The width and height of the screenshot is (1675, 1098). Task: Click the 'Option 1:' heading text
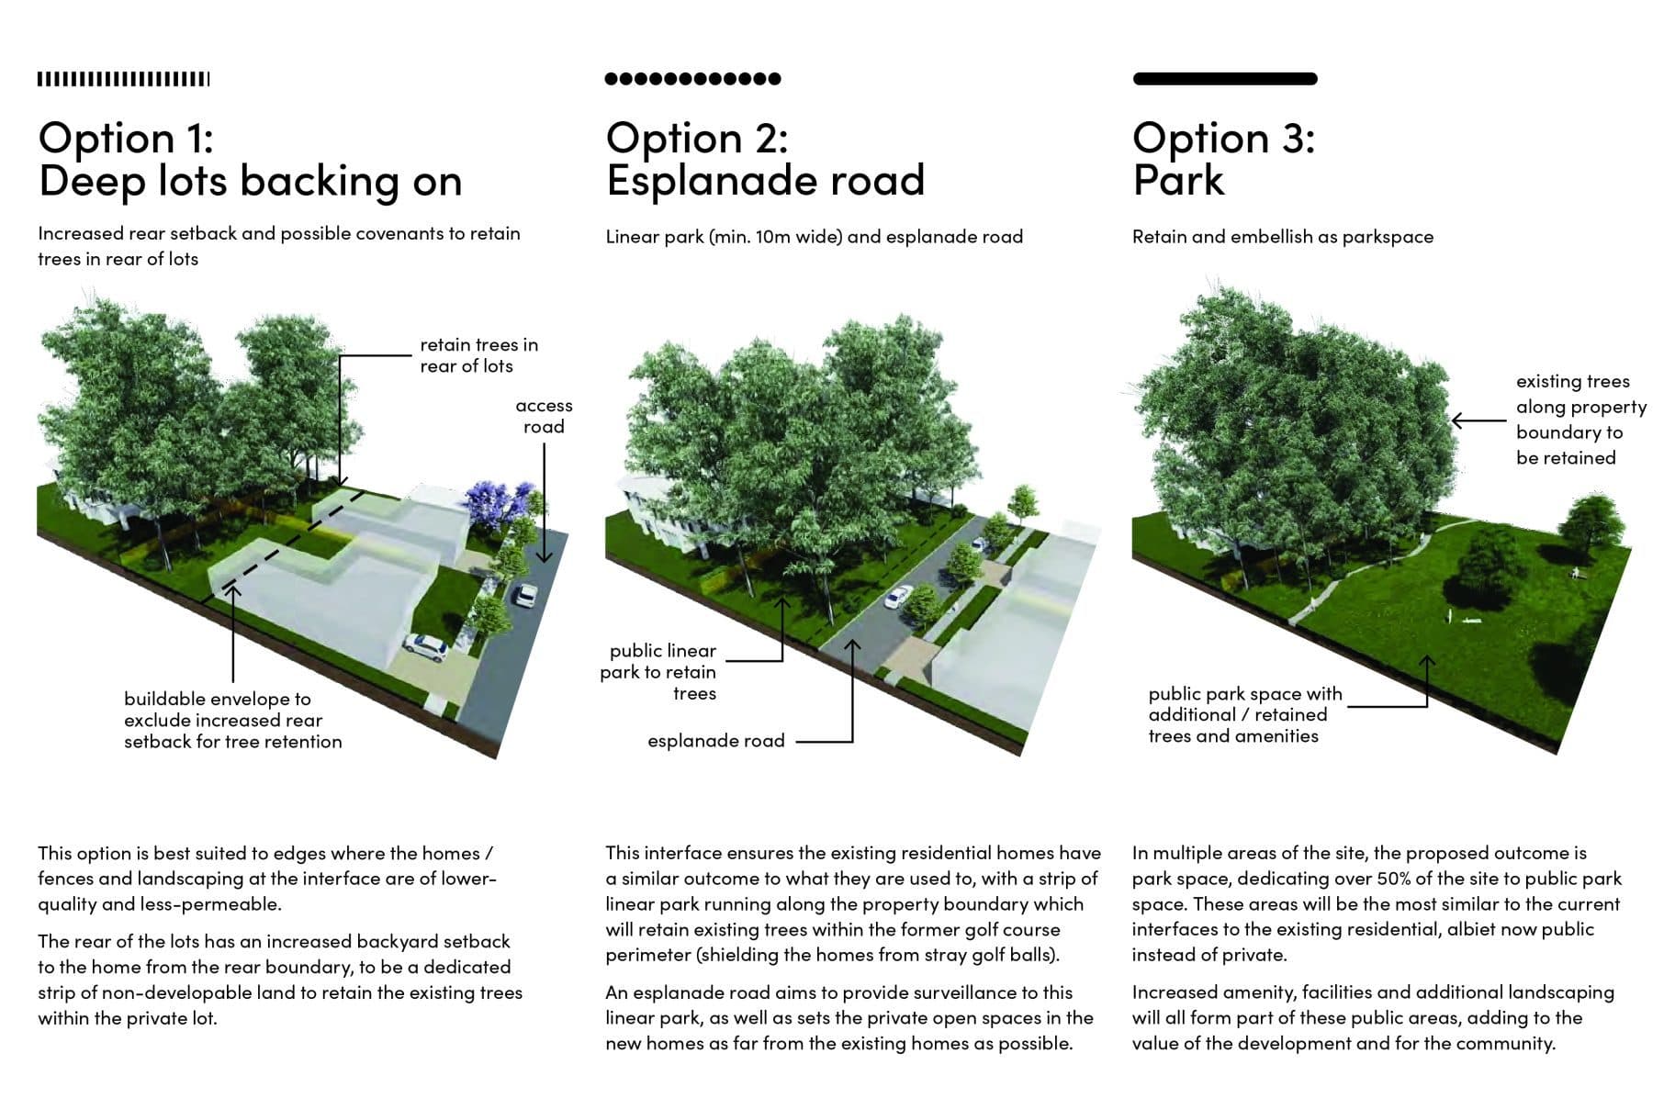pyautogui.click(x=126, y=139)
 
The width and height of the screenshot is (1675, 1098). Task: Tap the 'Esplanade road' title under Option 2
pyautogui.click(x=765, y=180)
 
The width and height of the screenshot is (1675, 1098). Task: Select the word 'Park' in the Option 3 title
pyautogui.click(x=1178, y=180)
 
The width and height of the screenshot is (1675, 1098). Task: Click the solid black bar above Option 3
pyautogui.click(x=1224, y=79)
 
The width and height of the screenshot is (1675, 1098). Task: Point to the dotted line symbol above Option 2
pyautogui.click(x=692, y=79)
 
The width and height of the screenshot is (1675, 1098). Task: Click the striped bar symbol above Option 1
pyautogui.click(x=123, y=80)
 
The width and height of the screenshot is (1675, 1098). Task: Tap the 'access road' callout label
pyautogui.click(x=544, y=416)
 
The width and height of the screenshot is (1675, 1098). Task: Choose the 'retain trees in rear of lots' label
pyautogui.click(x=478, y=355)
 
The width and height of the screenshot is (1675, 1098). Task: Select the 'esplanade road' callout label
pyautogui.click(x=715, y=741)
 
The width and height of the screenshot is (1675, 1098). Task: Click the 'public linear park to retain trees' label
pyautogui.click(x=658, y=672)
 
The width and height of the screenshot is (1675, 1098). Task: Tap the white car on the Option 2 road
pyautogui.click(x=894, y=599)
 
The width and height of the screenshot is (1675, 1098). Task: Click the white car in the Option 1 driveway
pyautogui.click(x=424, y=647)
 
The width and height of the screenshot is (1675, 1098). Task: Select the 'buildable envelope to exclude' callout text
pyautogui.click(x=232, y=720)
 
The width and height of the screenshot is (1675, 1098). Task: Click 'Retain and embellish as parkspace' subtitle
pyautogui.click(x=1282, y=237)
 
